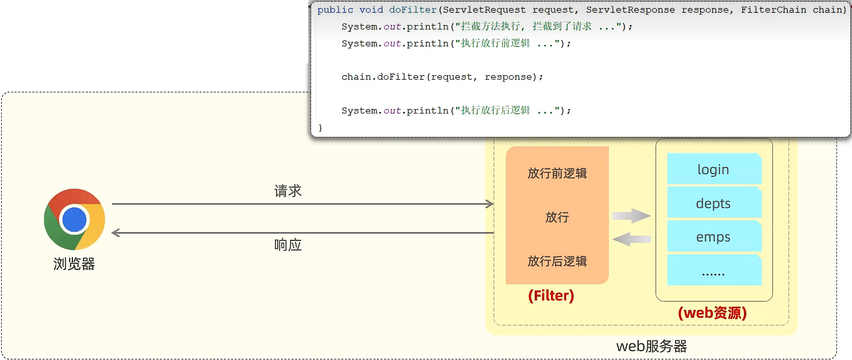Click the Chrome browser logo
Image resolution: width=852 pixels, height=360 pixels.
click(x=75, y=219)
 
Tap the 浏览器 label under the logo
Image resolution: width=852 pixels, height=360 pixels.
click(x=75, y=263)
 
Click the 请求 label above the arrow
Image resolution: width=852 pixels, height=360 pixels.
click(x=288, y=191)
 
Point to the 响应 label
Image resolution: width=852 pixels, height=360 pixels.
click(x=288, y=245)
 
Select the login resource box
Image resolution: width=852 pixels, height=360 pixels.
click(x=713, y=169)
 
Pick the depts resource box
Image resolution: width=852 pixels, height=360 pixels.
click(x=713, y=203)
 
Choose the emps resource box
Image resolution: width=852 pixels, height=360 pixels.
click(x=713, y=237)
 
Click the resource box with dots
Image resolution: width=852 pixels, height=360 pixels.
click(x=713, y=272)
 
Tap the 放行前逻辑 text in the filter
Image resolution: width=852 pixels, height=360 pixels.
click(x=557, y=173)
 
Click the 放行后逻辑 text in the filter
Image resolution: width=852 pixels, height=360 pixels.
click(x=557, y=261)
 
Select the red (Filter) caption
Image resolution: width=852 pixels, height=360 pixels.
click(x=551, y=295)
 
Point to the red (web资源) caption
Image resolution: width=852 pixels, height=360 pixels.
click(x=712, y=313)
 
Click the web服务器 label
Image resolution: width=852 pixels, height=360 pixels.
click(x=652, y=346)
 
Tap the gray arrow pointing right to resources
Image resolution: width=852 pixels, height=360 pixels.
click(x=632, y=216)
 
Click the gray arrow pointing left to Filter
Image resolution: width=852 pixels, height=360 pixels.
click(x=632, y=239)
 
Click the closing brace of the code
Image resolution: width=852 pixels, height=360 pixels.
click(x=320, y=127)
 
